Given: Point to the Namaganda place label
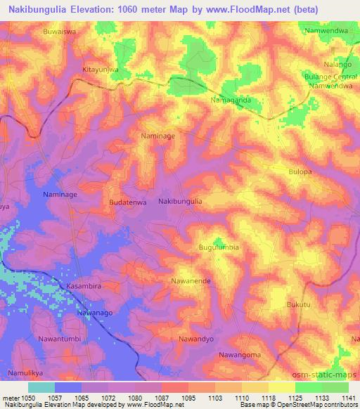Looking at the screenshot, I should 231,100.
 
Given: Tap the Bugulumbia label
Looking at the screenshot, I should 219,247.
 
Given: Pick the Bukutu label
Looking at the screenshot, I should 299,304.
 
